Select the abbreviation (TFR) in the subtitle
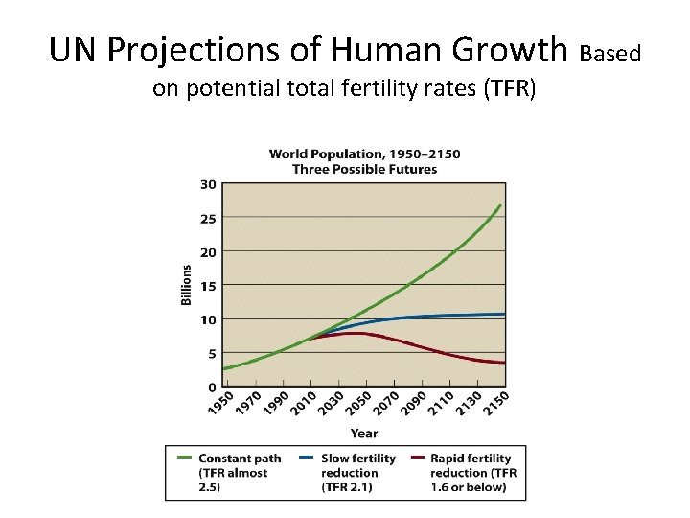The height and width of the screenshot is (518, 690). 510,90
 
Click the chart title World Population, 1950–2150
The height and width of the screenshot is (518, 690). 364,153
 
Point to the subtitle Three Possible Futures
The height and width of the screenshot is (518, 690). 364,169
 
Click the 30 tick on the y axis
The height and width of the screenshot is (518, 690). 208,183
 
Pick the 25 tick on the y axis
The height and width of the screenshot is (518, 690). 208,218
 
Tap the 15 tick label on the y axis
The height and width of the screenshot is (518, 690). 208,285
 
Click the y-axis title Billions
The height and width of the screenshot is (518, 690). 187,285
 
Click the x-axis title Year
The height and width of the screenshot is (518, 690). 363,433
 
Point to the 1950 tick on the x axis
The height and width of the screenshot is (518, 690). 221,405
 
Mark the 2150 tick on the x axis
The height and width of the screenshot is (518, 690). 495,405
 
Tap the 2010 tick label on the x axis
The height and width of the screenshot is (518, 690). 302,405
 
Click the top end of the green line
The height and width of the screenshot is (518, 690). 500,205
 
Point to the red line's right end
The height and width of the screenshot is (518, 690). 504,363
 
